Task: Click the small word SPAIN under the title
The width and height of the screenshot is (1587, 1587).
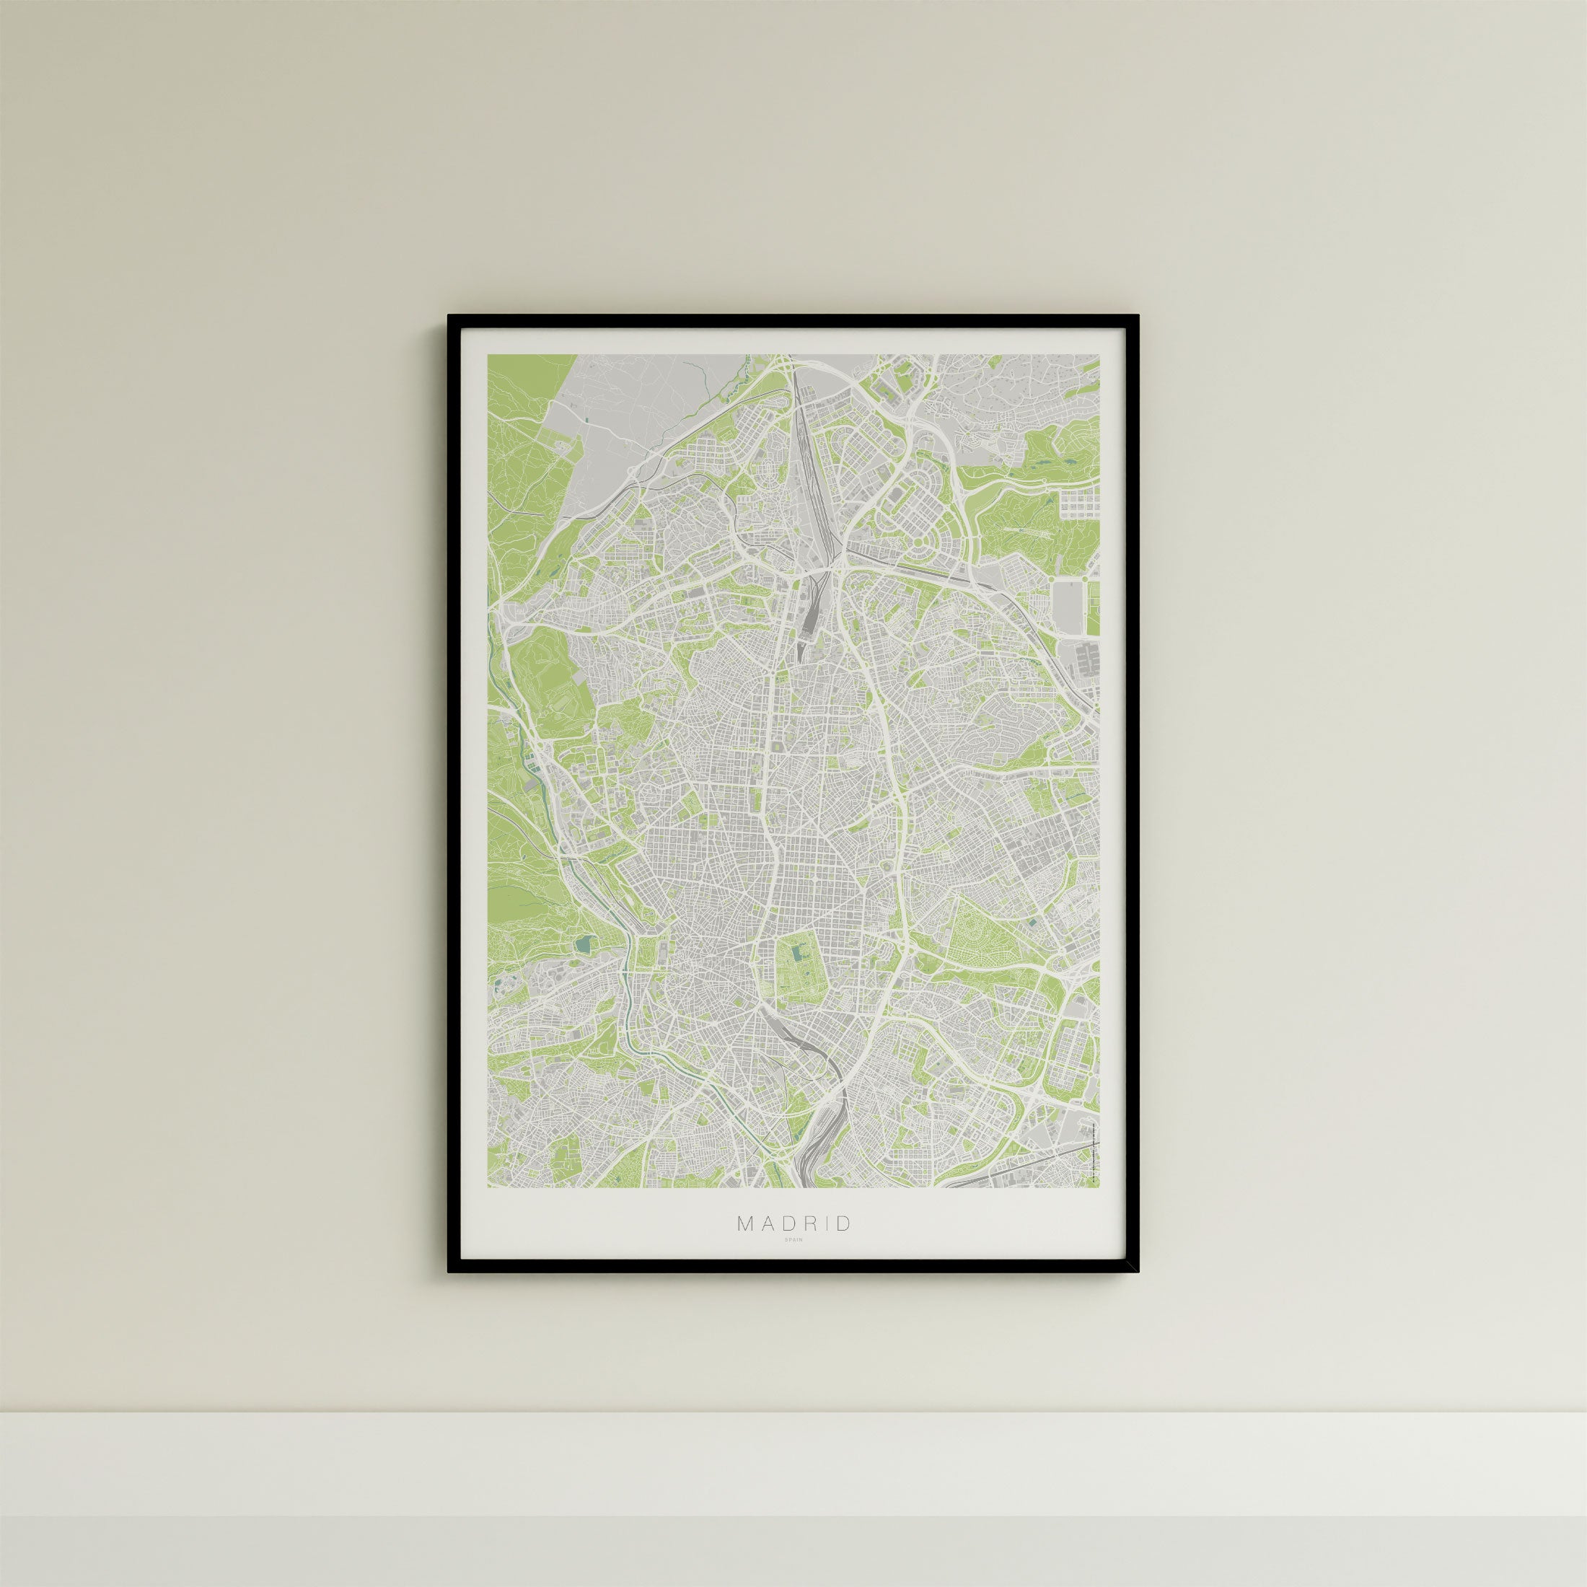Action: click(x=794, y=1262)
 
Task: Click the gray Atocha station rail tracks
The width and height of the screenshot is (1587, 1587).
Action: click(x=793, y=1035)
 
